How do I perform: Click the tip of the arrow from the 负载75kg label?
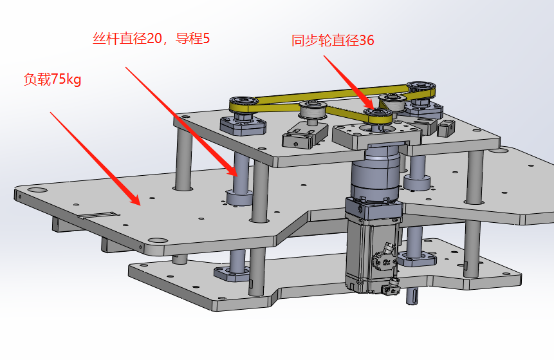pos(140,205)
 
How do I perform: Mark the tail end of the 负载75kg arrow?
pos(51,113)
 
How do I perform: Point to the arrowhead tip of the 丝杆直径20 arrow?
pos(237,176)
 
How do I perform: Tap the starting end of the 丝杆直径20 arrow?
pos(125,67)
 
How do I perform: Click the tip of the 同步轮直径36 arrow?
pos(373,109)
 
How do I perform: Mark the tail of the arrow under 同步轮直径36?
pos(324,55)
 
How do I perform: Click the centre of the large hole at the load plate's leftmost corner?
pos(37,190)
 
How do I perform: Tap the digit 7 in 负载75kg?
pos(55,79)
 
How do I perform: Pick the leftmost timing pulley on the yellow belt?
pos(244,105)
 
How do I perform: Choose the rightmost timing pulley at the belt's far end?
pos(421,90)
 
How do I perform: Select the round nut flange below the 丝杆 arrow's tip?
pos(239,198)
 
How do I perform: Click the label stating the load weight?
pos(52,79)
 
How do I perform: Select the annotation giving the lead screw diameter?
pos(151,38)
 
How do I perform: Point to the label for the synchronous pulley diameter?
pos(333,41)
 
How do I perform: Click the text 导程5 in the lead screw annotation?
pos(192,38)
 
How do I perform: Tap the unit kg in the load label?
pos(73,80)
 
